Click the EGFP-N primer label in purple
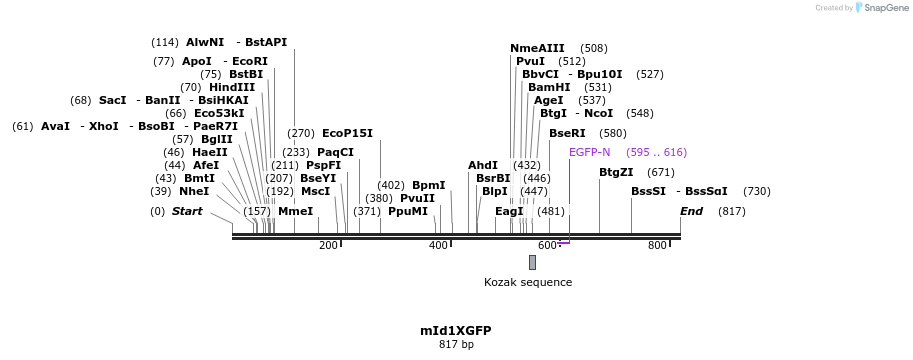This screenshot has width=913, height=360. (589, 152)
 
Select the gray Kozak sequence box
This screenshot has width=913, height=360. (532, 262)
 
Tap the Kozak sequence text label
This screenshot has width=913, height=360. (528, 282)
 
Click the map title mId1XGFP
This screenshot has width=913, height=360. (455, 330)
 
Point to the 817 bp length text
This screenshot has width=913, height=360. (455, 345)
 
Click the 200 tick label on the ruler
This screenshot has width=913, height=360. (328, 246)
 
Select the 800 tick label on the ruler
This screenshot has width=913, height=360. (657, 246)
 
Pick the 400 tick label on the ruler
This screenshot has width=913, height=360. (438, 246)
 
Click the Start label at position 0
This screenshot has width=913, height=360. (187, 211)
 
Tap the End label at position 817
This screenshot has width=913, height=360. (691, 211)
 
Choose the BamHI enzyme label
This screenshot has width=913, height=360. (549, 87)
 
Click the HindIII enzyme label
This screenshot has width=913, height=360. (232, 87)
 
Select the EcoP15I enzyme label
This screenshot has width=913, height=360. (347, 133)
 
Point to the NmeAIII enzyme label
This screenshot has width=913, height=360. (537, 48)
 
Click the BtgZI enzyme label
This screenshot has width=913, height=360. (616, 172)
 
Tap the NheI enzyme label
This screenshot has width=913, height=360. (194, 191)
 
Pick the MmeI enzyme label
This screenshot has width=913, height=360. (295, 211)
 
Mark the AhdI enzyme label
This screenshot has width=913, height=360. (482, 165)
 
